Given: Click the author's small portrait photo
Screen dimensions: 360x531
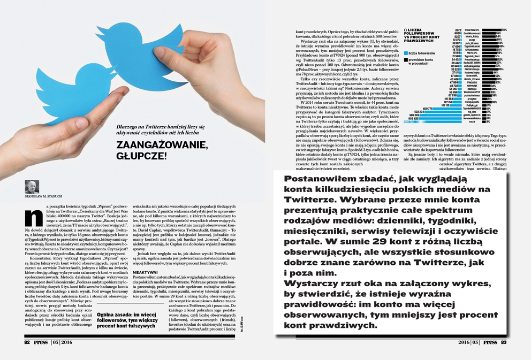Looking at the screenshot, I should coord(32,186).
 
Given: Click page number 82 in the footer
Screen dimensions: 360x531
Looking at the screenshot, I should coord(28,342).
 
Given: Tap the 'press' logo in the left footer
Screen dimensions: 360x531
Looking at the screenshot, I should coord(41,342).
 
